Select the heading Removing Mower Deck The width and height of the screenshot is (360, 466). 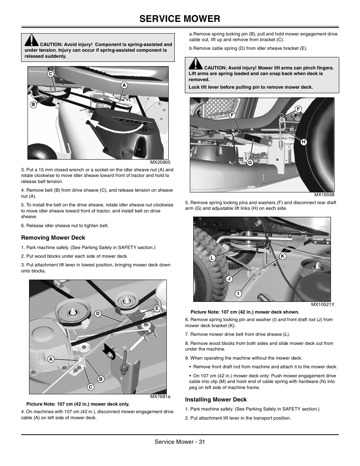point(53,238)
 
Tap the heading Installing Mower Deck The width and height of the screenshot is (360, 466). point(216,400)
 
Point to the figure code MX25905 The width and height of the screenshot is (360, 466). point(160,162)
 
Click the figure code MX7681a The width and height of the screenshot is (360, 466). point(160,397)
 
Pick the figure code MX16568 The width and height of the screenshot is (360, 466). point(325,195)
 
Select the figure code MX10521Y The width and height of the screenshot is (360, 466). point(323,305)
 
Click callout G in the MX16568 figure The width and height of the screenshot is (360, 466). point(249,163)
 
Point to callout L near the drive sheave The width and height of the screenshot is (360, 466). point(212,258)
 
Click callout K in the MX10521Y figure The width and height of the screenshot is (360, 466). point(282,256)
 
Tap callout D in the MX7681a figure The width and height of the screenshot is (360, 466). point(97,314)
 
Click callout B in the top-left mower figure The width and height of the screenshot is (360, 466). point(33,105)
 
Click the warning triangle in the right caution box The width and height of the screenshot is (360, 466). point(196,64)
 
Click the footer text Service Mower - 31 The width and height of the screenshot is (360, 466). point(180,442)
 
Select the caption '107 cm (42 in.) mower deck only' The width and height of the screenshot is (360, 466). point(78,404)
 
